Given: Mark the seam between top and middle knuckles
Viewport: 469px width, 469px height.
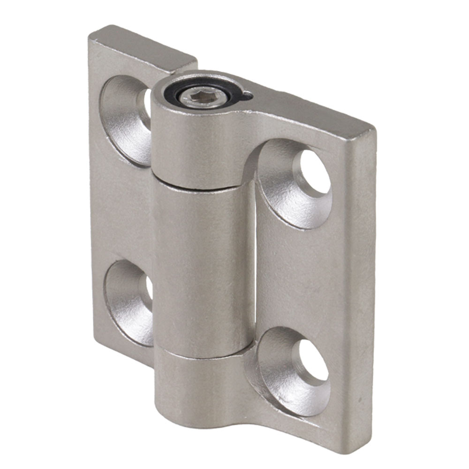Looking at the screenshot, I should click(x=199, y=186).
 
